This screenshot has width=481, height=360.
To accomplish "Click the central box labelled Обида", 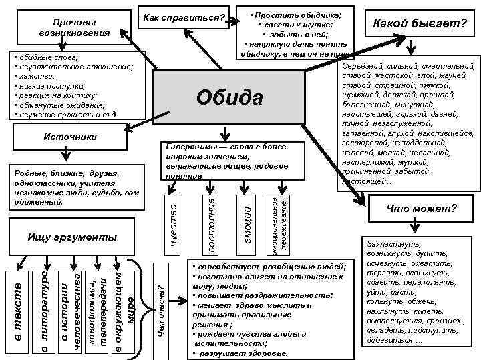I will coord(230,98).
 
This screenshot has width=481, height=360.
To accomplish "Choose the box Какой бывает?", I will coord(420,25).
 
